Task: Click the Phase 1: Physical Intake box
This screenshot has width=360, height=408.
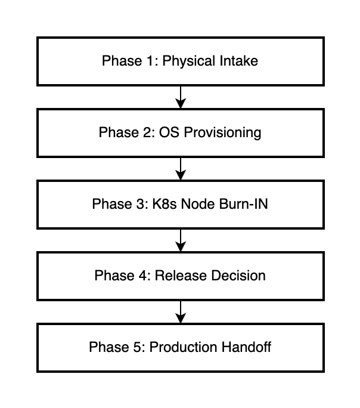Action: pos(179,61)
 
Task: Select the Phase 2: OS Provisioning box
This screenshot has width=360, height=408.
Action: pos(179,132)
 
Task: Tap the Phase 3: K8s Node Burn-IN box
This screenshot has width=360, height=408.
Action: pos(179,204)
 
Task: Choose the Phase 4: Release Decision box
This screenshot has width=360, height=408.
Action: pos(179,276)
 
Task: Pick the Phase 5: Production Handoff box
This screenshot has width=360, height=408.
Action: pos(179,347)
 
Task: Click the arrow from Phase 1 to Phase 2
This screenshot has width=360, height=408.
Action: pos(180,97)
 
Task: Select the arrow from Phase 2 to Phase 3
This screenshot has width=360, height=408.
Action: pos(180,168)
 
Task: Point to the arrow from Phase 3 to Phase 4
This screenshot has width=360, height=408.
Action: pos(180,240)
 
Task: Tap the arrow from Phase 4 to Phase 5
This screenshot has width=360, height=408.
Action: pos(180,311)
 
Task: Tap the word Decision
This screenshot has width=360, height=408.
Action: pos(239,276)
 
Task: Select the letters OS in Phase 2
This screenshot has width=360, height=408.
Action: pos(167,132)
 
